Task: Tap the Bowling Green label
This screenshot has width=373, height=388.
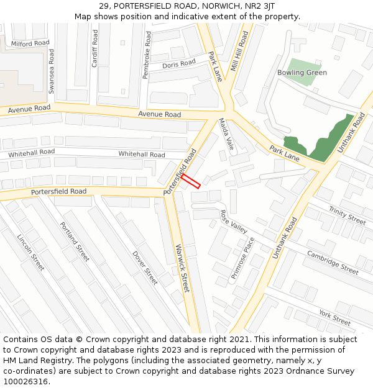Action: tap(302, 73)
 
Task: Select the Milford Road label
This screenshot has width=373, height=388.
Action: tap(30, 43)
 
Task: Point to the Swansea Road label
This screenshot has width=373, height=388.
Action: tap(52, 72)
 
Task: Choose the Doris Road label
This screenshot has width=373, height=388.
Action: tap(179, 64)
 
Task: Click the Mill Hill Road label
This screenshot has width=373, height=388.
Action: tap(239, 52)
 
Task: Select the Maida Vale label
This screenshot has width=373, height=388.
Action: tap(225, 135)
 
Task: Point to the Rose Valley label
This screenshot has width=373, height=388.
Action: tap(234, 222)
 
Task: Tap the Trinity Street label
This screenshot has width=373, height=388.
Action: tap(348, 216)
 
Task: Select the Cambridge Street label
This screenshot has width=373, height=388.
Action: tap(333, 263)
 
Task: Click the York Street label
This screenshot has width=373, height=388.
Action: tap(335, 317)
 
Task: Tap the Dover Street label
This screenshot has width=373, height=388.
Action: tap(145, 268)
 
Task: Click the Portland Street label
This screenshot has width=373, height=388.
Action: tap(75, 241)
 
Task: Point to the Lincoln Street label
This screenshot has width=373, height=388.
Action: tap(30, 253)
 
